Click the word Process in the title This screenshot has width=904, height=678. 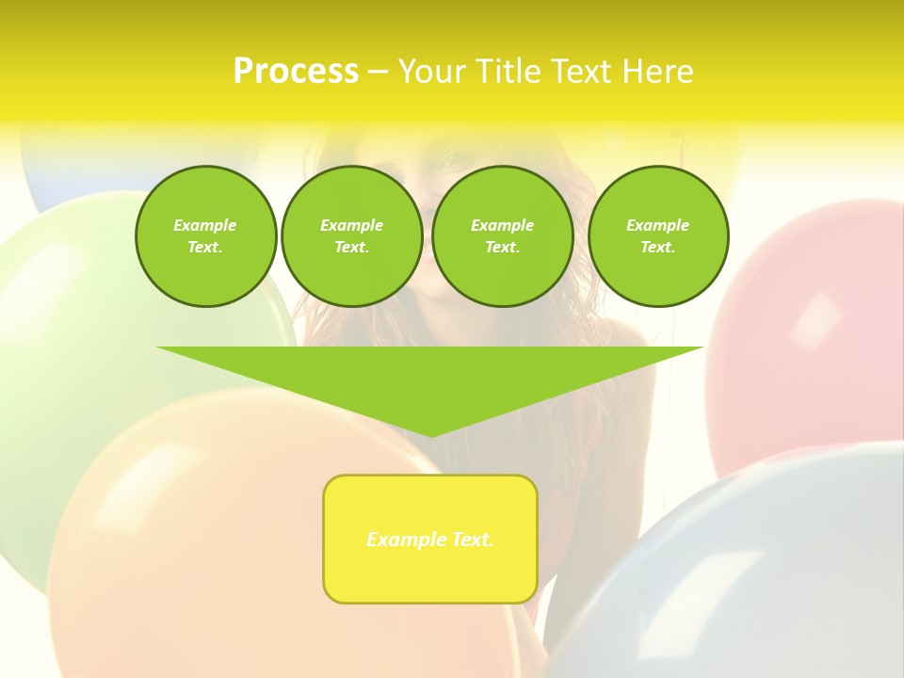coord(296,72)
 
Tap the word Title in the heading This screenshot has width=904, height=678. coord(506,72)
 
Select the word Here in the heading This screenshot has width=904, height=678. coord(656,72)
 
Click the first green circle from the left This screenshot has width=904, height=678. coord(205,236)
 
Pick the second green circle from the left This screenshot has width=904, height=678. coord(351,236)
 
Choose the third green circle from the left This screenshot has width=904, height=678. coord(502,236)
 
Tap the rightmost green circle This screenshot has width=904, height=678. coord(657,236)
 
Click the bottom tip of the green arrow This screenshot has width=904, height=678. coord(430,434)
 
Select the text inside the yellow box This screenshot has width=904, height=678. coord(430,540)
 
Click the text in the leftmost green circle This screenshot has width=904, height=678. coord(205,236)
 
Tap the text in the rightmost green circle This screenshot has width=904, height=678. coord(657,236)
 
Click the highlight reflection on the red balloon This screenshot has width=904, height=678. coord(815,319)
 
